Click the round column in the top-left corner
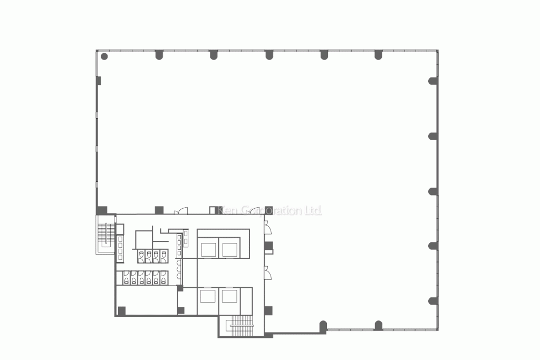(104, 56)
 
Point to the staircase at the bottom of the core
(242, 325)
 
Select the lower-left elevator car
(208, 295)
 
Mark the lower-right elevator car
(229, 295)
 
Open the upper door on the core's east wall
(267, 228)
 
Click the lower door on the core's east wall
(267, 274)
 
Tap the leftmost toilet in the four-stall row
(142, 257)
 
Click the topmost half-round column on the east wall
(433, 81)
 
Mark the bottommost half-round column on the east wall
(433, 301)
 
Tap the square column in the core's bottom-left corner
(122, 311)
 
